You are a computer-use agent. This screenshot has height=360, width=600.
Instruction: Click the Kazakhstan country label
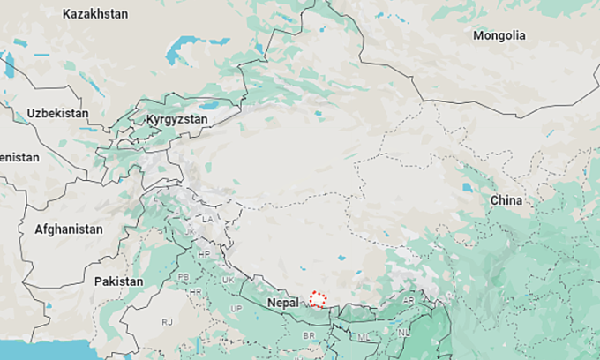tap(95, 14)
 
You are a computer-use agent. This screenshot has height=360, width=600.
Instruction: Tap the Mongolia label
tap(499, 36)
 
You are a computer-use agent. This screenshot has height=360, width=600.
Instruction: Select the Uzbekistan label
tap(57, 114)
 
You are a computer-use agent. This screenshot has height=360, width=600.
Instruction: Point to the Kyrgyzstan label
tap(176, 118)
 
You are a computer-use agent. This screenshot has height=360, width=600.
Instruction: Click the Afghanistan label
tap(68, 229)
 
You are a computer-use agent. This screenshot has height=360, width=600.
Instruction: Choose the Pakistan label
tap(118, 281)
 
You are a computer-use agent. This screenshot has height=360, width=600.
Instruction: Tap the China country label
tap(506, 200)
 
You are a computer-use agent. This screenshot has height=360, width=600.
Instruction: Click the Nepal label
tap(283, 302)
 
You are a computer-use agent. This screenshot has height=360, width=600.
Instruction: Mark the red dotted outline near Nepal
tap(318, 299)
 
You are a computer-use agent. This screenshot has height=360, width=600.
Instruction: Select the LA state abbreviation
tap(207, 218)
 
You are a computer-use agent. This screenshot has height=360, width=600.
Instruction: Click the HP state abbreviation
tap(204, 254)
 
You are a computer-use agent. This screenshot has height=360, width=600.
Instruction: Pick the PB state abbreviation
tap(184, 276)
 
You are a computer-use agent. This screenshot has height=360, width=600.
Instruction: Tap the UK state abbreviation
tap(229, 280)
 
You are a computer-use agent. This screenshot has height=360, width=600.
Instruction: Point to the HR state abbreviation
tap(196, 291)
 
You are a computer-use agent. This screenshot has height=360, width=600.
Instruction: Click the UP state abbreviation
tap(236, 307)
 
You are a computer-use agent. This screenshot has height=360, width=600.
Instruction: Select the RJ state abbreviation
tap(167, 323)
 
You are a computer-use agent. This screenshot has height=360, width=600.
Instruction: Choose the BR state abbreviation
tap(309, 336)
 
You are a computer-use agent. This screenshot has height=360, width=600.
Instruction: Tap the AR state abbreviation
tap(408, 299)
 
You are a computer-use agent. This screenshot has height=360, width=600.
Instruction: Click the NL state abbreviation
tap(404, 333)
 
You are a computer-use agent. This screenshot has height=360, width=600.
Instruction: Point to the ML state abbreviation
tap(364, 336)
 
